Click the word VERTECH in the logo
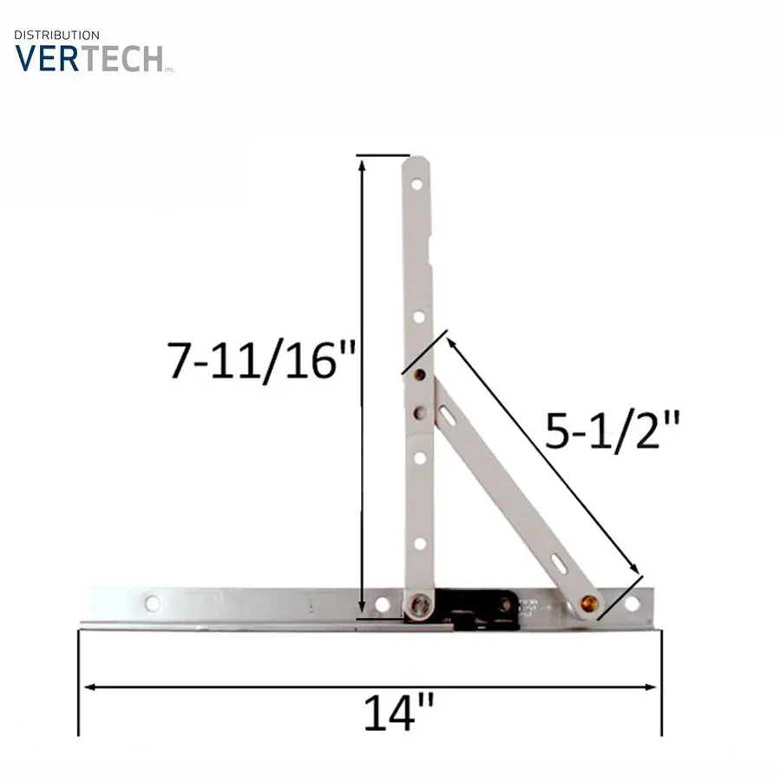pos(89,59)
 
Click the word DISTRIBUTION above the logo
pos(56,36)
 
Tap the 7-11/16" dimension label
pos(261,361)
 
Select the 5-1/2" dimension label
pos(612,430)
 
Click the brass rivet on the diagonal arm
pos(588,603)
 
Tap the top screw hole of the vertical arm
pos(417,185)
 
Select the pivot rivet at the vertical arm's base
pos(419,605)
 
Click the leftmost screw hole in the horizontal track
pos(153,604)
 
